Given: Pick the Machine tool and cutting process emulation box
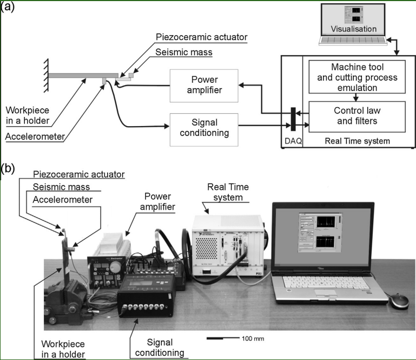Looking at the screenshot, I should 355,77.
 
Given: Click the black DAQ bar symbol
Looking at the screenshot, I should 292,119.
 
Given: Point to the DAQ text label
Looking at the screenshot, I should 294,142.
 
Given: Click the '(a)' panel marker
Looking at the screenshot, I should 9,7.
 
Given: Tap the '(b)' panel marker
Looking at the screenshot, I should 9,168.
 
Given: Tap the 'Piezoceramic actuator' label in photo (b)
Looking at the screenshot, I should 78,174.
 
